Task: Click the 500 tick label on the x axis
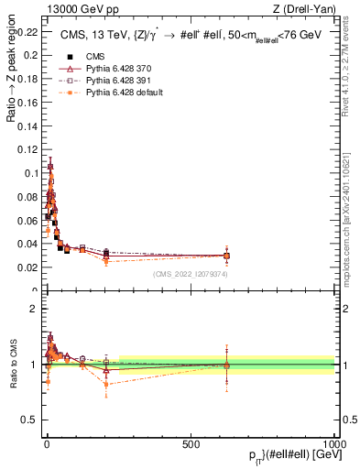[x=191, y=443]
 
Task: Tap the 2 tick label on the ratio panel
[x=35, y=309]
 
